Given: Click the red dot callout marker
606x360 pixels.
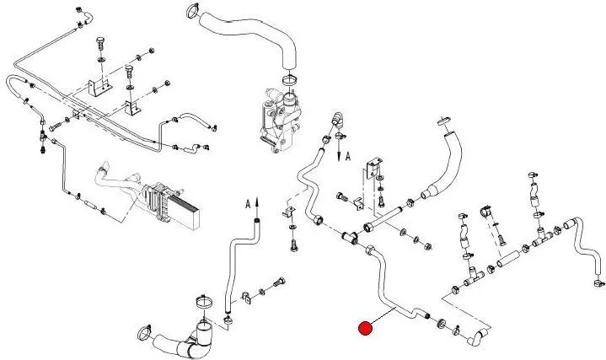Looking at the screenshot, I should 365,328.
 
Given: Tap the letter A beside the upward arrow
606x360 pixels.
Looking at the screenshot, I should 247,203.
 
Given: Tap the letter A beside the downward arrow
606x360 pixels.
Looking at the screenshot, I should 347,157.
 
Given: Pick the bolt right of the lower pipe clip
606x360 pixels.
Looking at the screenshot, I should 276,283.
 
